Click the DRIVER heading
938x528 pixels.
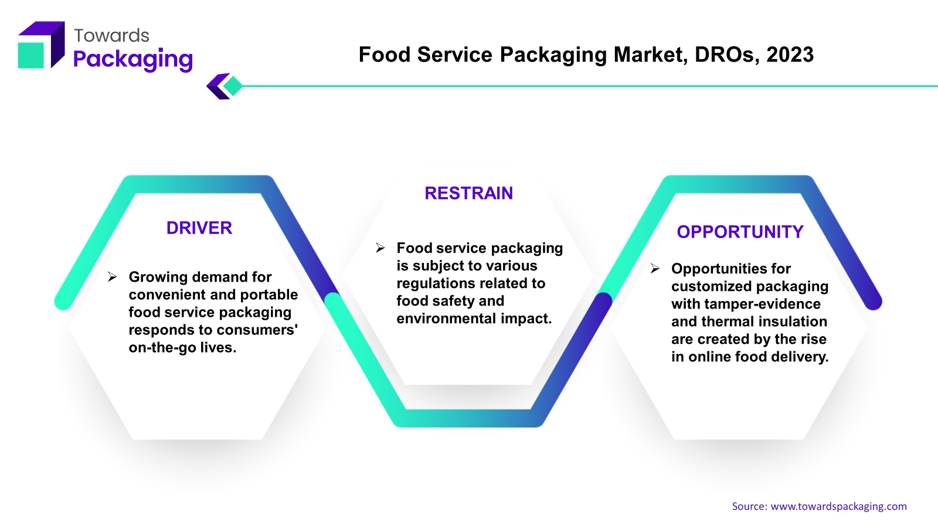tap(199, 228)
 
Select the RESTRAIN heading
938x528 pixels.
tap(468, 193)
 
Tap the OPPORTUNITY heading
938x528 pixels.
tap(740, 232)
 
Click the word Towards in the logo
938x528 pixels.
tap(111, 36)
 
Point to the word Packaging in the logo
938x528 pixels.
tap(132, 59)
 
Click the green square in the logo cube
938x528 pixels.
tap(30, 55)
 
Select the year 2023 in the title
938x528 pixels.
tap(790, 55)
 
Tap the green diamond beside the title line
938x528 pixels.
tap(233, 86)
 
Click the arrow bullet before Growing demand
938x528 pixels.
tap(112, 276)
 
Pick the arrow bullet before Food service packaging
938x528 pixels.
tap(380, 248)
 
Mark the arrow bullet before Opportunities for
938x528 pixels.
tap(655, 268)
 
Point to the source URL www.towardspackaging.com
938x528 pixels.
tap(838, 506)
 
